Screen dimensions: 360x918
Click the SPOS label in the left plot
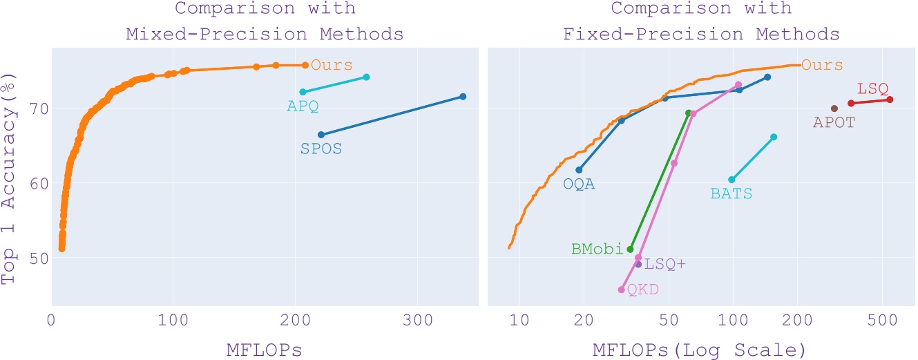[321, 149]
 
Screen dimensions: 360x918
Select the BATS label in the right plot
[731, 195]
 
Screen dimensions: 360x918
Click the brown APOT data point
[834, 108]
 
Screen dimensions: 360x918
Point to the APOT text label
[835, 123]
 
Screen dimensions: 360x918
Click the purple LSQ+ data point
[638, 264]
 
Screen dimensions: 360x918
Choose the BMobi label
[598, 249]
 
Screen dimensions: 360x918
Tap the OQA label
[579, 184]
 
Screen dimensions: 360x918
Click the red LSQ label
[872, 88]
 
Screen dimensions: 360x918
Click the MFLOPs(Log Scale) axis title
[699, 350]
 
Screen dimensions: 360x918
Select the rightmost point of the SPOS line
[463, 97]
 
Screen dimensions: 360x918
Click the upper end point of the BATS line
[774, 137]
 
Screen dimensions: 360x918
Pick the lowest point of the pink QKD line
[621, 290]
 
